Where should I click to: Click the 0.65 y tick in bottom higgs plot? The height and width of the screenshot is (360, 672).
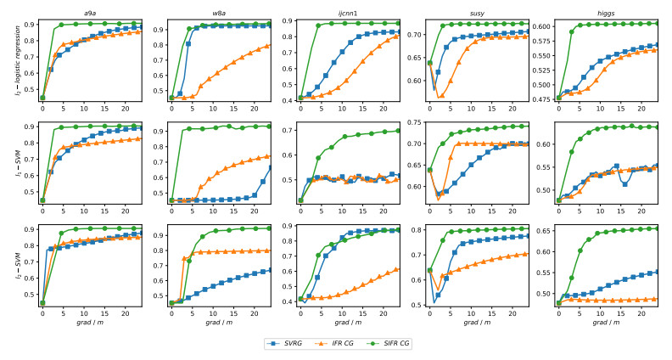pyautogui.click(x=542, y=230)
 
